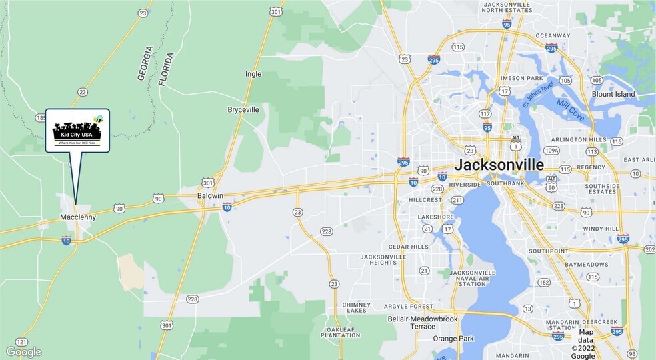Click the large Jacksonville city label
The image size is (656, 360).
(x=499, y=165)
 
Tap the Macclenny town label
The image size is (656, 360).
(x=78, y=217)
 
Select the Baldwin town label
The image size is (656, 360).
(x=210, y=195)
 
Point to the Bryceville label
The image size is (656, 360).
(x=243, y=109)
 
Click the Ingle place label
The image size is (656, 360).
(x=253, y=74)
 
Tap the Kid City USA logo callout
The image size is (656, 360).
(x=77, y=130)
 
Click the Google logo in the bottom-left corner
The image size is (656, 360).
(x=23, y=352)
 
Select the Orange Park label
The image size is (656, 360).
(x=453, y=339)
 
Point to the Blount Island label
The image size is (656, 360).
(x=613, y=94)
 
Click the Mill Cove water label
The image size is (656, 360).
(x=571, y=111)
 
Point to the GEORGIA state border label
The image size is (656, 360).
(x=145, y=63)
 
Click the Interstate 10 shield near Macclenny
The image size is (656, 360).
(x=66, y=241)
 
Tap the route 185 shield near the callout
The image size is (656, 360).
(x=40, y=118)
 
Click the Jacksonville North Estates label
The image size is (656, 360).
(x=506, y=6)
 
